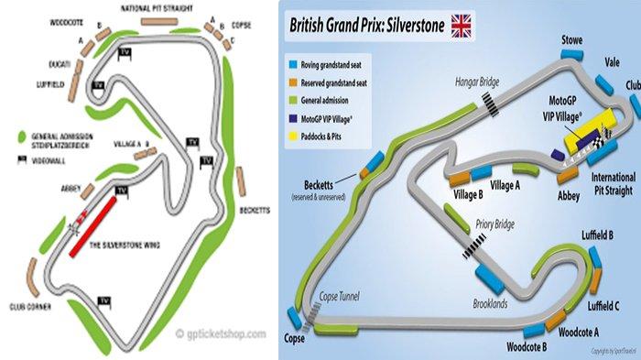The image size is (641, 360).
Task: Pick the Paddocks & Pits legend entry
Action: (x=331, y=131)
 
